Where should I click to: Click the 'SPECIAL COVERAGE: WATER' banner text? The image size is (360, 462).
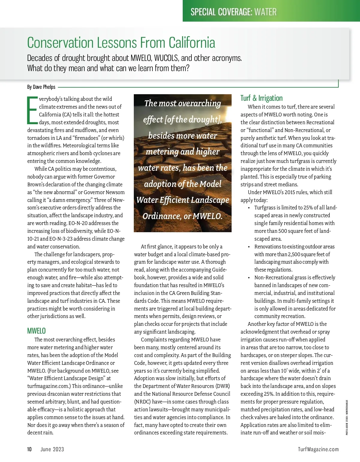[233, 12]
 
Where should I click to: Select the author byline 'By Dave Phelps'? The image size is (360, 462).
[41, 87]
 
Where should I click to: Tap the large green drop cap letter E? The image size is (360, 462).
[32, 110]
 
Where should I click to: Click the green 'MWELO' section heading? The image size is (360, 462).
[36, 331]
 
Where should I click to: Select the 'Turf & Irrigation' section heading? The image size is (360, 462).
[261, 98]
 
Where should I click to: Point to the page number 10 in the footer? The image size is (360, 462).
[29, 449]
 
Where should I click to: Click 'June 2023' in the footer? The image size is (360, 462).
[52, 449]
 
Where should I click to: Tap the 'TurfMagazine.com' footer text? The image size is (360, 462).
[318, 449]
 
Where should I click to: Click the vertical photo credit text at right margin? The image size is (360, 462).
[347, 417]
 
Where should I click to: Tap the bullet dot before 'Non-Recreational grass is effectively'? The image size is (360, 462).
[249, 278]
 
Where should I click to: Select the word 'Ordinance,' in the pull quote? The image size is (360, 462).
[161, 216]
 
